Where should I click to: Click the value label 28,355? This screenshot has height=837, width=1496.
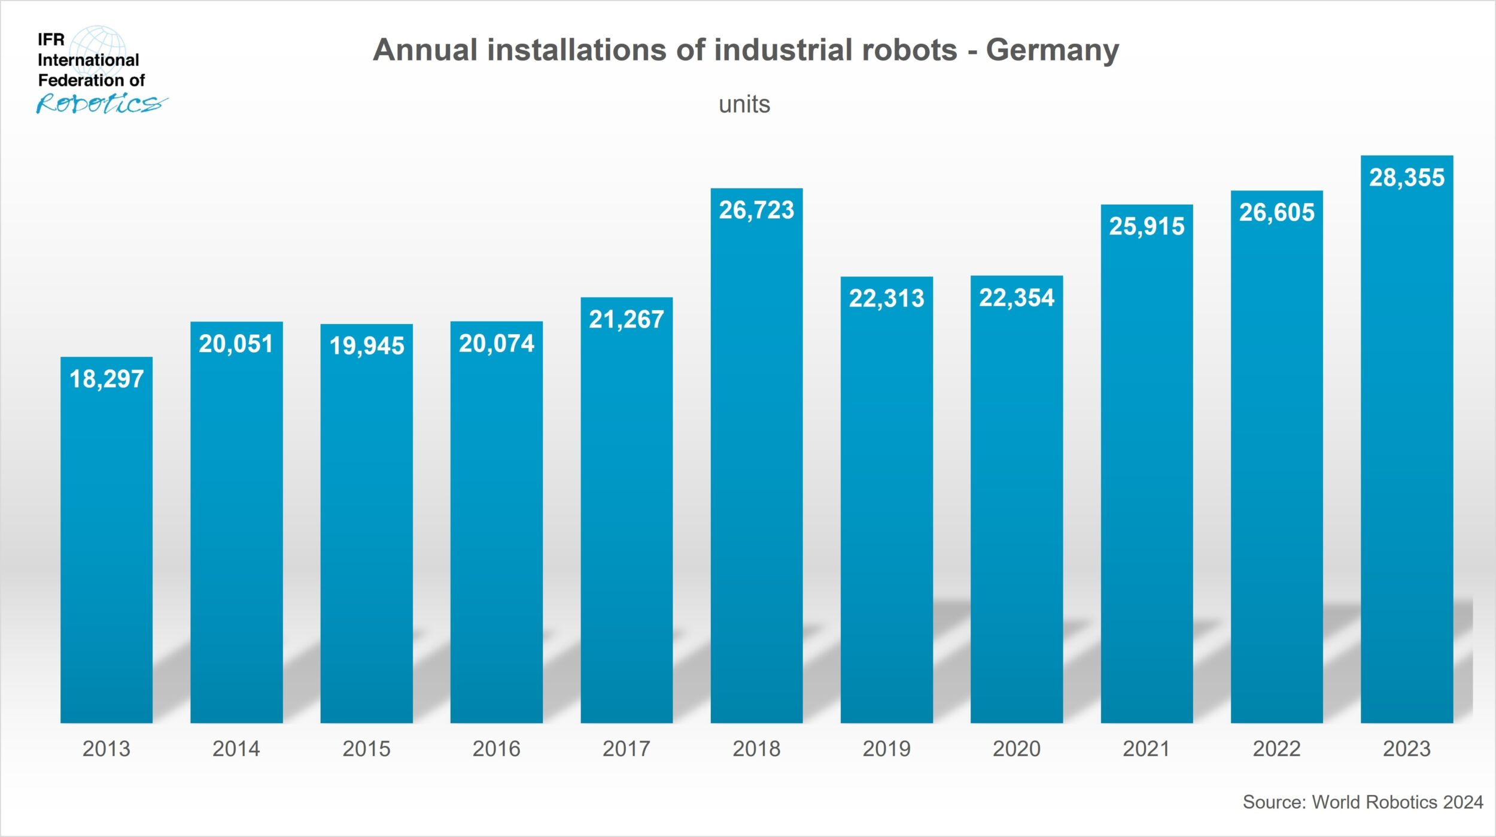[1406, 178]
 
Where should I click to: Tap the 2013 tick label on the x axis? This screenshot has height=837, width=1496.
[106, 748]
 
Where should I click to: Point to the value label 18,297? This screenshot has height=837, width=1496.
[107, 379]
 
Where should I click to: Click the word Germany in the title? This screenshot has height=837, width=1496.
[1052, 50]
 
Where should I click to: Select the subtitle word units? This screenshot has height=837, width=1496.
[744, 105]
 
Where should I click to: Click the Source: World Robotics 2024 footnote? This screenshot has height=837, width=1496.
[1363, 802]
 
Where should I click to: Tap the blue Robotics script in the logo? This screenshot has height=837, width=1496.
[99, 104]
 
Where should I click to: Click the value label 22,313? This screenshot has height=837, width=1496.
[886, 298]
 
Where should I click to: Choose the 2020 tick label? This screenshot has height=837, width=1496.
[1016, 748]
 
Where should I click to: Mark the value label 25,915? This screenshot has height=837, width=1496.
[1147, 226]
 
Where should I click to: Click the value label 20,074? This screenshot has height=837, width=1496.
[496, 344]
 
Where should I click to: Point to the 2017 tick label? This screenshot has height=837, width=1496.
[626, 748]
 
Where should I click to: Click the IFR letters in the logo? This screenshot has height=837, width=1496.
[51, 40]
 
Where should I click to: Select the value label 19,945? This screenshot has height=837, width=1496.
[366, 346]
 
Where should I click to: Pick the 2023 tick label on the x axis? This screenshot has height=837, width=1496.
[1406, 748]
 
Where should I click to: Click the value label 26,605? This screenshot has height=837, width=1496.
[1276, 213]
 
